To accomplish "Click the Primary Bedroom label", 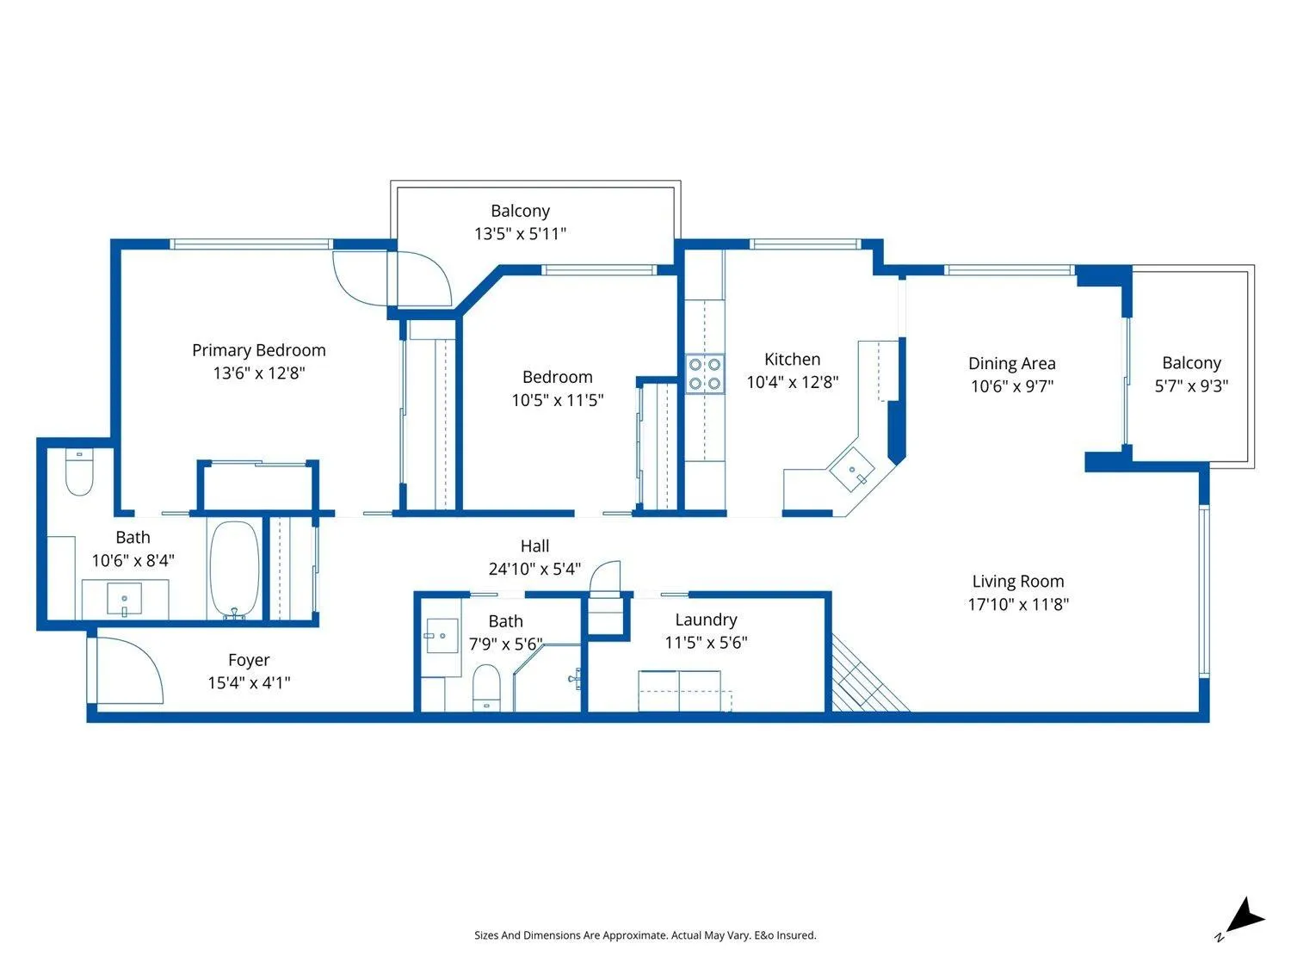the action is pos(259,350).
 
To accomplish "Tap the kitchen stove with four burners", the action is pos(705,373).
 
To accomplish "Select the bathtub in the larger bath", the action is pos(235,570).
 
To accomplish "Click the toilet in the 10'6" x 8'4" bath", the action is pos(79,472).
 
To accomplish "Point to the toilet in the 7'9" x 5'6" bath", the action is pos(486,687).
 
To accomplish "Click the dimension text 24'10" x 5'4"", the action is pos(534,569).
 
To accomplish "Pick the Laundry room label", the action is pos(706,620).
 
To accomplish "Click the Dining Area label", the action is pos(1011,363).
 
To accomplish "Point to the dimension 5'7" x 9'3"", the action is pos(1192,386).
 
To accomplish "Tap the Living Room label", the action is pos(1018,582).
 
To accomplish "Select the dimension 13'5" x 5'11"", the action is pos(520,234).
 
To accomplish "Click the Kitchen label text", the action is pos(793,359).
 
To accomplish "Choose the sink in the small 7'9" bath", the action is pos(442,636).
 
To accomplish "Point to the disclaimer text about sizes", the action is pos(645,935).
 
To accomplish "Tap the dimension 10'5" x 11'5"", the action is pos(558,400).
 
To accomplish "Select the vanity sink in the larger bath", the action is pos(124,599).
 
